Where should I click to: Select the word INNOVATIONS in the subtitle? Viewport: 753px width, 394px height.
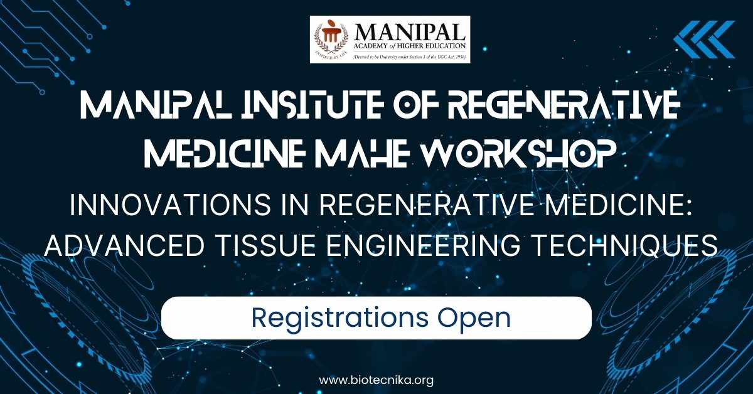click(170, 205)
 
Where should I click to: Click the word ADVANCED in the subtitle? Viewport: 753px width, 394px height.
click(124, 246)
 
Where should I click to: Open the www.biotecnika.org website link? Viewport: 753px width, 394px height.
click(376, 380)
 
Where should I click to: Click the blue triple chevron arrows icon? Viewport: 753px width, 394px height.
click(704, 40)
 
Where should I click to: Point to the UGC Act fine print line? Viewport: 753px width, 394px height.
click(409, 57)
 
